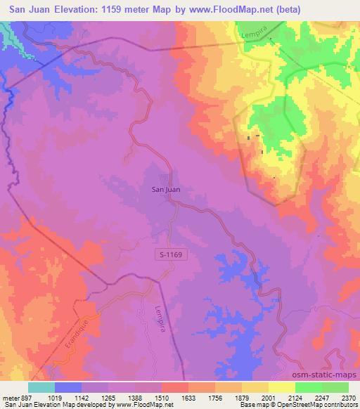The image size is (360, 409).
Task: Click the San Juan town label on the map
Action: click(x=165, y=188)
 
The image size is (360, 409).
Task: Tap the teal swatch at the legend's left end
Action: click(x=41, y=387)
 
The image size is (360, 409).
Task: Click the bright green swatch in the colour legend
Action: click(x=309, y=387)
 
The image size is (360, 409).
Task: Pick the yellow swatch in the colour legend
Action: click(x=282, y=387)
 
